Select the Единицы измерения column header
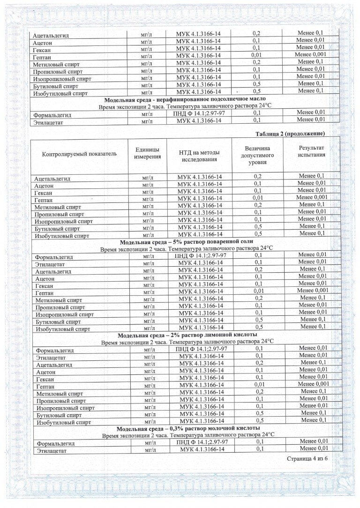pyautogui.click(x=147, y=153)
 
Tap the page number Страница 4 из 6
pyautogui.click(x=307, y=458)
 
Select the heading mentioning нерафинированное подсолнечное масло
pyautogui.click(x=185, y=99)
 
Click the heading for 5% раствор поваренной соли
pyautogui.click(x=186, y=242)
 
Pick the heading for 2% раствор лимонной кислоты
pyautogui.click(x=187, y=335)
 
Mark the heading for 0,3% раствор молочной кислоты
pyautogui.click(x=187, y=428)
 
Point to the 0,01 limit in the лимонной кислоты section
pyautogui.click(x=259, y=385)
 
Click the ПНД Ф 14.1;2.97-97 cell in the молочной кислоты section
pyautogui.click(x=202, y=442)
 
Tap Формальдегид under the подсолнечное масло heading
pyautogui.click(x=52, y=114)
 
